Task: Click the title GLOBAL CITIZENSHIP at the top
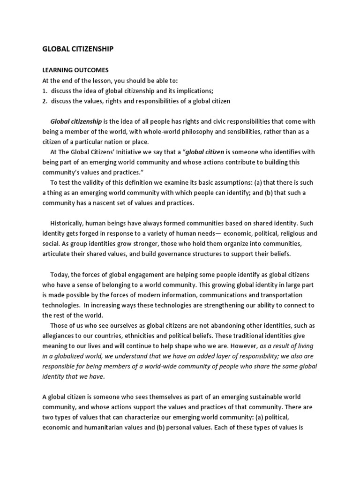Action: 78,48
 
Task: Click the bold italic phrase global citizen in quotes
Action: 205,152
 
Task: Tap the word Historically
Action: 69,223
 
